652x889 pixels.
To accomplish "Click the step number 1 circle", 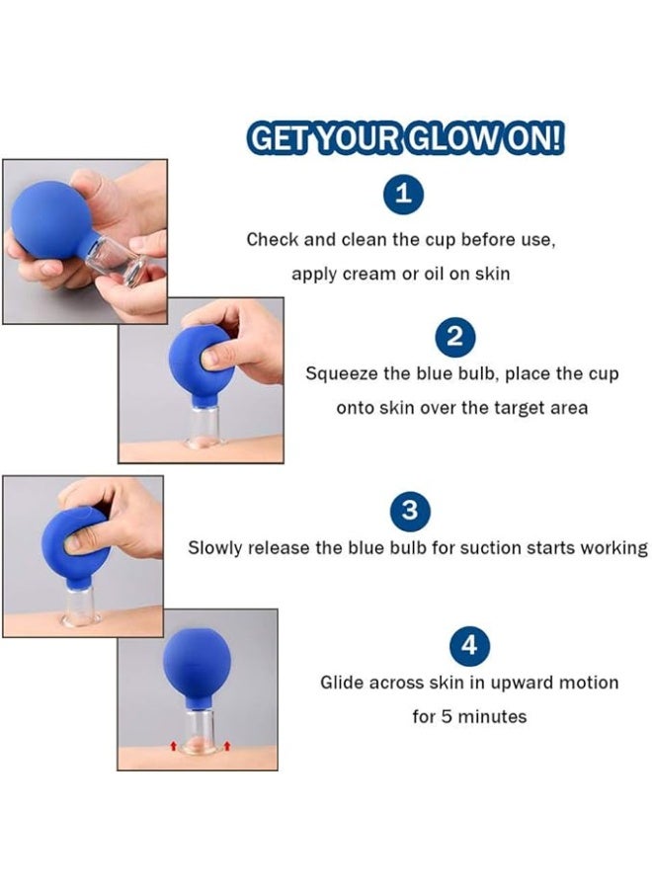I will click(x=402, y=195).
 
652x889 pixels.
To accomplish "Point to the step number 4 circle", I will click(x=469, y=647).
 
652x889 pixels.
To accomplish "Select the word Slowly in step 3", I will click(x=216, y=547).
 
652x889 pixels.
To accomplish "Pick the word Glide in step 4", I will click(x=342, y=683).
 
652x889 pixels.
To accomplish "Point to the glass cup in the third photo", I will click(x=81, y=604).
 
